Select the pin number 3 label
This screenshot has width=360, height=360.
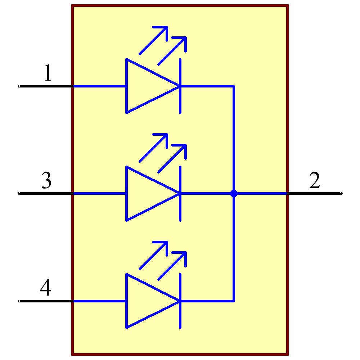pyautogui.click(x=46, y=180)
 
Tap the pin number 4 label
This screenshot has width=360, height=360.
pyautogui.click(x=45, y=288)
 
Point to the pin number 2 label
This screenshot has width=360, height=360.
pyautogui.click(x=314, y=181)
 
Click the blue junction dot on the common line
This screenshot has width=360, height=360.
pyautogui.click(x=234, y=194)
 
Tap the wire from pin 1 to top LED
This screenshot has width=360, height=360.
pyautogui.click(x=99, y=86)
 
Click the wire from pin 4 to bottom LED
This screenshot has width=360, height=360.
pyautogui.click(x=99, y=301)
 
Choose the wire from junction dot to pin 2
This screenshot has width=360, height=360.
pyautogui.click(x=261, y=194)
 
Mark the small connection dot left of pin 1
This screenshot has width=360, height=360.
pyautogui.click(x=19, y=86)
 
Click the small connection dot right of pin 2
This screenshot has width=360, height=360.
pyautogui.click(x=341, y=193)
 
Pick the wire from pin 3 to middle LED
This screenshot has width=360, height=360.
pyautogui.click(x=99, y=194)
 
